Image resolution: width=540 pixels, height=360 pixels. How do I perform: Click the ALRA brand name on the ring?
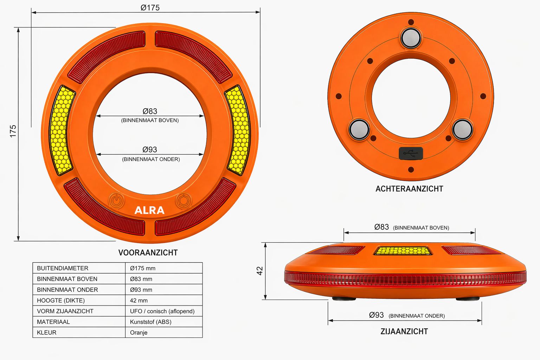[149, 210]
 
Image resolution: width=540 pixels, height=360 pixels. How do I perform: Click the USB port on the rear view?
[411, 153]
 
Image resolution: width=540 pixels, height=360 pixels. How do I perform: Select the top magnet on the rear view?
[411, 38]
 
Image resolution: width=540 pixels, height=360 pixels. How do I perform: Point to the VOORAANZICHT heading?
[148, 252]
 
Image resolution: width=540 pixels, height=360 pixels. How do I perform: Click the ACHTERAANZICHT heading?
[409, 188]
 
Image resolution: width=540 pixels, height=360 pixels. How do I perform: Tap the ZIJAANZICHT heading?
[404, 331]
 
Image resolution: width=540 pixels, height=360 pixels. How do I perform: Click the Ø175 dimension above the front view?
[150, 8]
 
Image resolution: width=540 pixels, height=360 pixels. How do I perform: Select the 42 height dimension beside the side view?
[260, 271]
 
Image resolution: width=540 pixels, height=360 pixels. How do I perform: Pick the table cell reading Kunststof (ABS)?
[151, 322]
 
